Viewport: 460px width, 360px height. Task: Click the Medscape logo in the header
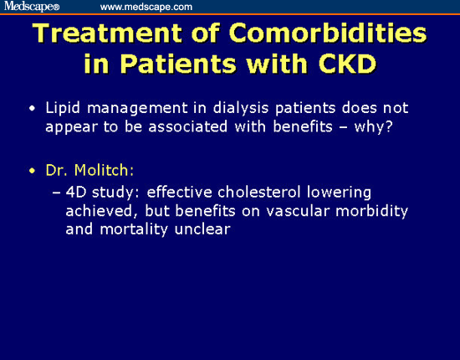(32, 6)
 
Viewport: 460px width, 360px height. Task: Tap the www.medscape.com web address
(146, 7)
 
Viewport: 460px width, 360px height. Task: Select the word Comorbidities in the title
(328, 33)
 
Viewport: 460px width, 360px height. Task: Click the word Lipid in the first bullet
(63, 108)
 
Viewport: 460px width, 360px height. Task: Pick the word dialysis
(241, 108)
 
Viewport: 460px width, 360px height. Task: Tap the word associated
(187, 127)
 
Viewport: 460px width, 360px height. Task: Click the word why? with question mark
(373, 127)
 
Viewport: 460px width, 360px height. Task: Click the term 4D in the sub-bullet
(76, 193)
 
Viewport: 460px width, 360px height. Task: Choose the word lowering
(339, 193)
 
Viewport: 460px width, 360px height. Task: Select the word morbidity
(371, 212)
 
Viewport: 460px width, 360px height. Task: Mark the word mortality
(134, 230)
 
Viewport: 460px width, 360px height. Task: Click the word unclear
(202, 229)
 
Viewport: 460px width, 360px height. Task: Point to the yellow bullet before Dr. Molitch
(33, 171)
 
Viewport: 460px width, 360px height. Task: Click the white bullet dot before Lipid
(33, 109)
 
